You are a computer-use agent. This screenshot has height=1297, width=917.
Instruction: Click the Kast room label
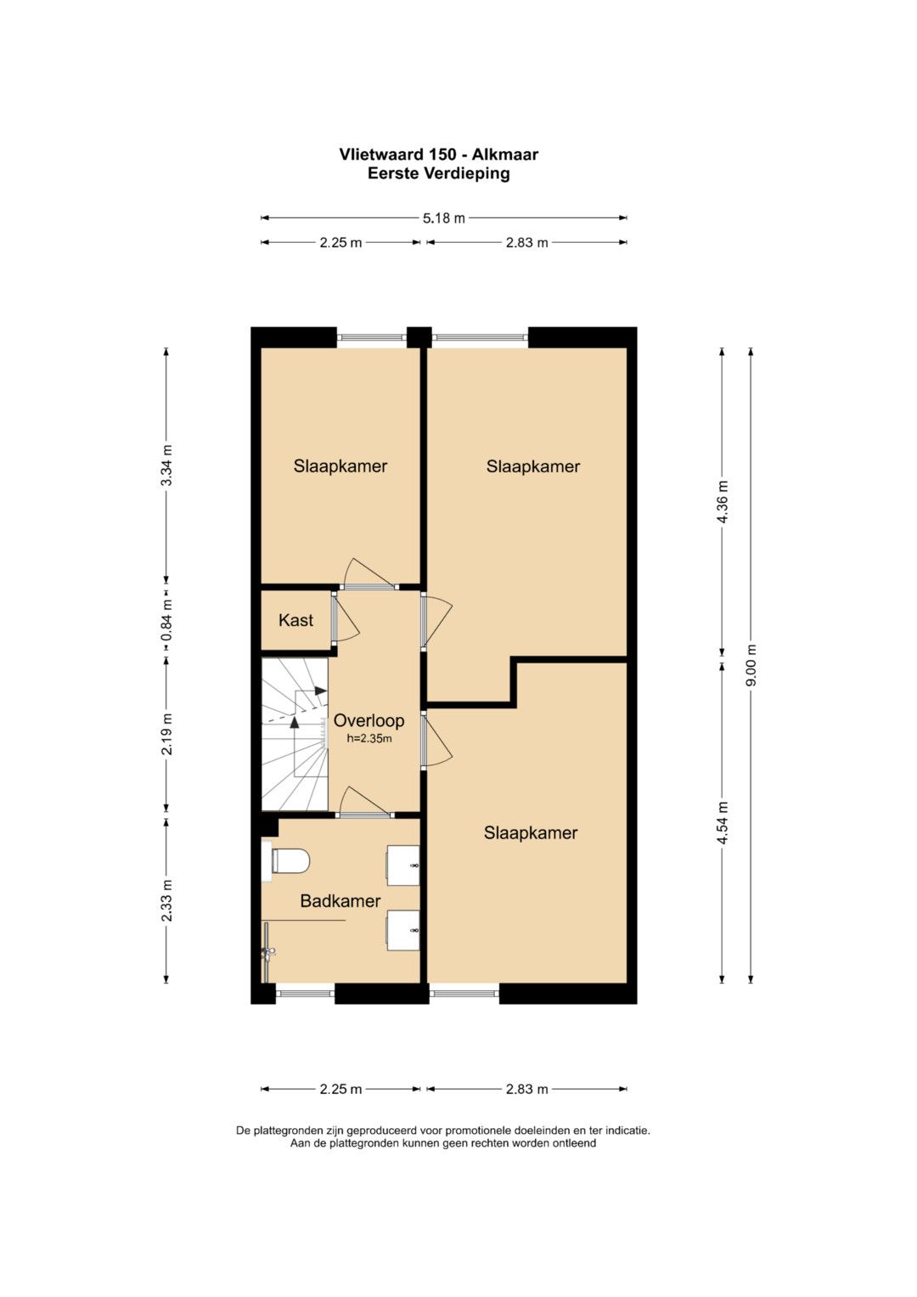295,620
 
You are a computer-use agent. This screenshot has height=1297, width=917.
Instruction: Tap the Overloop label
368,720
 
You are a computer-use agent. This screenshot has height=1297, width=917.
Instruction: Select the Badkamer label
340,900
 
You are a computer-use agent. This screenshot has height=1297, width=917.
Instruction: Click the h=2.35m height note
368,738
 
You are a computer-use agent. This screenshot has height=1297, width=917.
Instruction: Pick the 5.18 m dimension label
443,218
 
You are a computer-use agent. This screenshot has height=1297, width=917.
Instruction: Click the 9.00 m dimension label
751,665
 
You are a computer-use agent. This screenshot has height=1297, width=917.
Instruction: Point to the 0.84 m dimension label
166,620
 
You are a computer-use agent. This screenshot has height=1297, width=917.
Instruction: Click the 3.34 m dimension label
166,465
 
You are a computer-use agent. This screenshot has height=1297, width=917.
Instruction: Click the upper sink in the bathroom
403,865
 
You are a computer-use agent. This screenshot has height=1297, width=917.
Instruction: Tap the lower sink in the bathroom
403,930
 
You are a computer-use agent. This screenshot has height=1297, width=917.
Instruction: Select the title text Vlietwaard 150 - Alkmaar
439,155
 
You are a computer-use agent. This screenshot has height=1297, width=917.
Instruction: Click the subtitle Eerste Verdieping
439,174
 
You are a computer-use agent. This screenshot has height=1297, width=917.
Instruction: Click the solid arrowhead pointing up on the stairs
295,722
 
